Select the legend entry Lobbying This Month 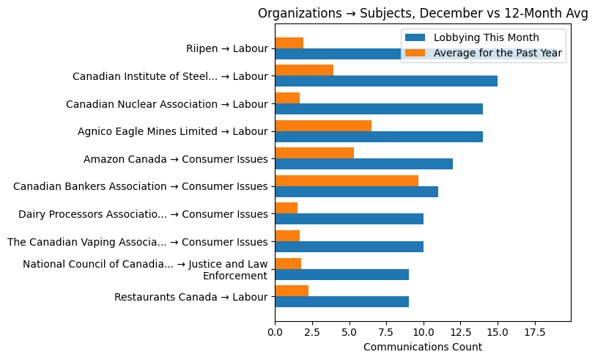(x=486, y=37)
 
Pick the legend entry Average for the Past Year (x=498, y=53)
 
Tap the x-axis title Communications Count (x=422, y=347)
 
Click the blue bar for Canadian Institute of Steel (x=386, y=81)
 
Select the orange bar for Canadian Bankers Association (x=347, y=180)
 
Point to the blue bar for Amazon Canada (x=363, y=164)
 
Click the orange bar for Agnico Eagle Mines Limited (x=323, y=125)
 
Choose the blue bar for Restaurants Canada (x=341, y=302)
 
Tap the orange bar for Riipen (x=289, y=43)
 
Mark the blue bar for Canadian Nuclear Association (x=379, y=109)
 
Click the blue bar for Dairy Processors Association (x=349, y=219)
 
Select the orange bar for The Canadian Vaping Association (x=287, y=236)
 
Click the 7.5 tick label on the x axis (x=386, y=332)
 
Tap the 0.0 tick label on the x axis (x=275, y=332)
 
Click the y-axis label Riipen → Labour (x=226, y=49)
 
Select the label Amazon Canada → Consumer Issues (x=175, y=159)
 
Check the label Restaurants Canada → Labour (x=191, y=297)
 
